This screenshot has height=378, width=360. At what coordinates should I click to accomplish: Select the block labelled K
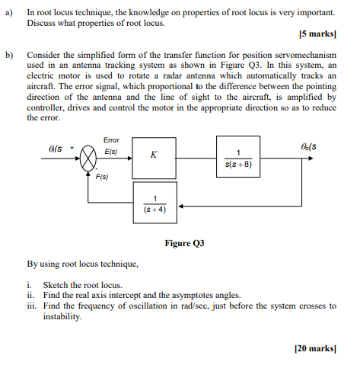click(155, 155)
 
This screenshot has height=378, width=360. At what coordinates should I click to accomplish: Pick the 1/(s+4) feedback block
click(155, 203)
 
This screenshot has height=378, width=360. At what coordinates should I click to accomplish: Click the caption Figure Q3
click(184, 244)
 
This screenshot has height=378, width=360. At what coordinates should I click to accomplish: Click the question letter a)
click(8, 13)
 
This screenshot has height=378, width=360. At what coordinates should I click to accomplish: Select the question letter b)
click(8, 56)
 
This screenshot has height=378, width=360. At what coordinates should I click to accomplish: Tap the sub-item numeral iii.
click(30, 306)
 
